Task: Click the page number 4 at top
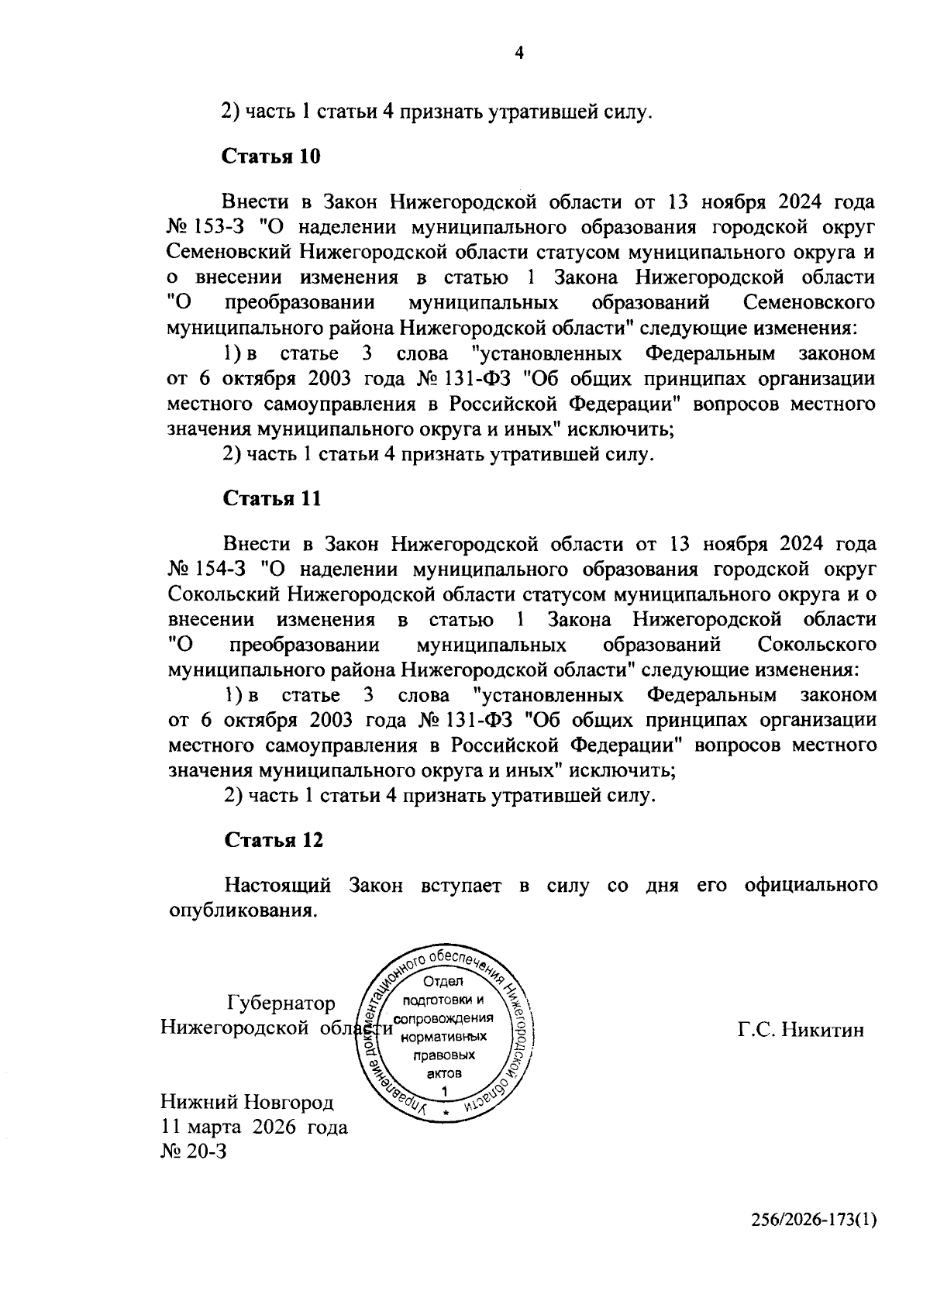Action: tap(518, 53)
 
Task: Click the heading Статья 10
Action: tap(271, 156)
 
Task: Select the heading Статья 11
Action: tap(271, 497)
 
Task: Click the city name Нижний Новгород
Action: tap(247, 1102)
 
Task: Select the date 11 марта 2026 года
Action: tap(254, 1127)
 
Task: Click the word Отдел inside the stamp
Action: tap(443, 982)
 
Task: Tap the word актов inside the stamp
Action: tap(444, 1074)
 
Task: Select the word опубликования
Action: tap(243, 910)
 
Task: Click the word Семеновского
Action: tap(808, 301)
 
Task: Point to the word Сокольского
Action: tap(817, 644)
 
